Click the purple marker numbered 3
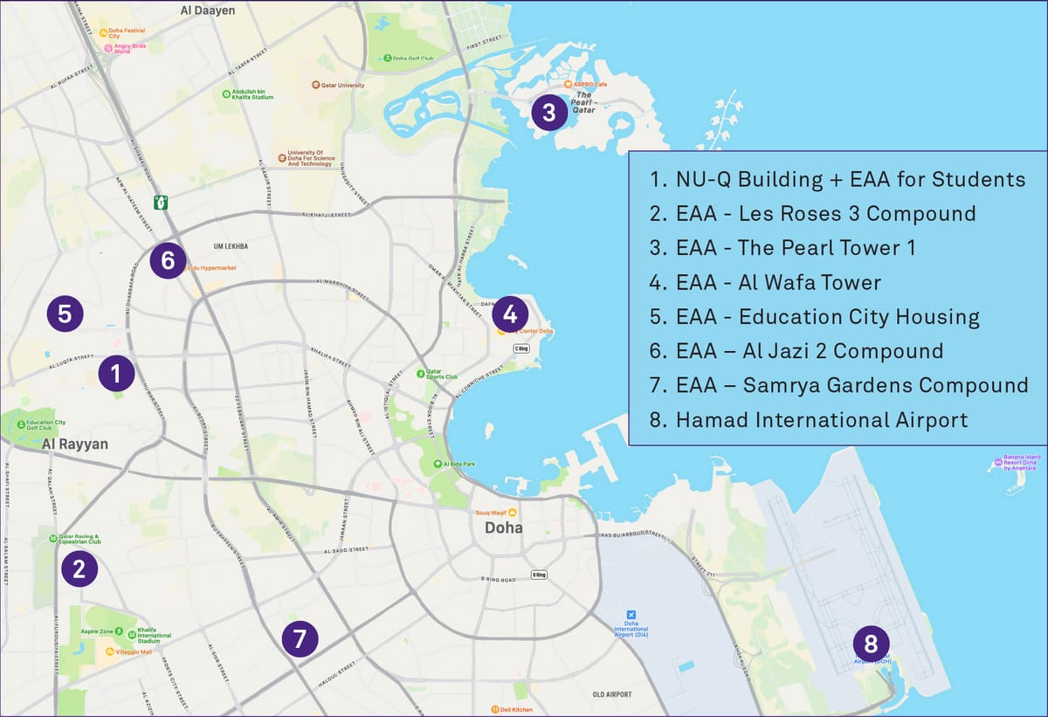[548, 113]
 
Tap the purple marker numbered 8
[871, 645]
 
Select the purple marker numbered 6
[168, 260]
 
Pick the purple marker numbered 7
[300, 638]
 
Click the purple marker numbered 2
[79, 569]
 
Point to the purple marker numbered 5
[65, 313]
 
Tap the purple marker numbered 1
[115, 374]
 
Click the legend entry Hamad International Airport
[821, 420]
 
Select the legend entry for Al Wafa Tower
[777, 282]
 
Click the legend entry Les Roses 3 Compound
[825, 213]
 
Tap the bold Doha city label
[504, 528]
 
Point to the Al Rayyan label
[75, 445]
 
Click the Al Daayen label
[208, 10]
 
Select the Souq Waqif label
[490, 513]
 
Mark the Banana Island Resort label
[1018, 463]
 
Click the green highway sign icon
[160, 203]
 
